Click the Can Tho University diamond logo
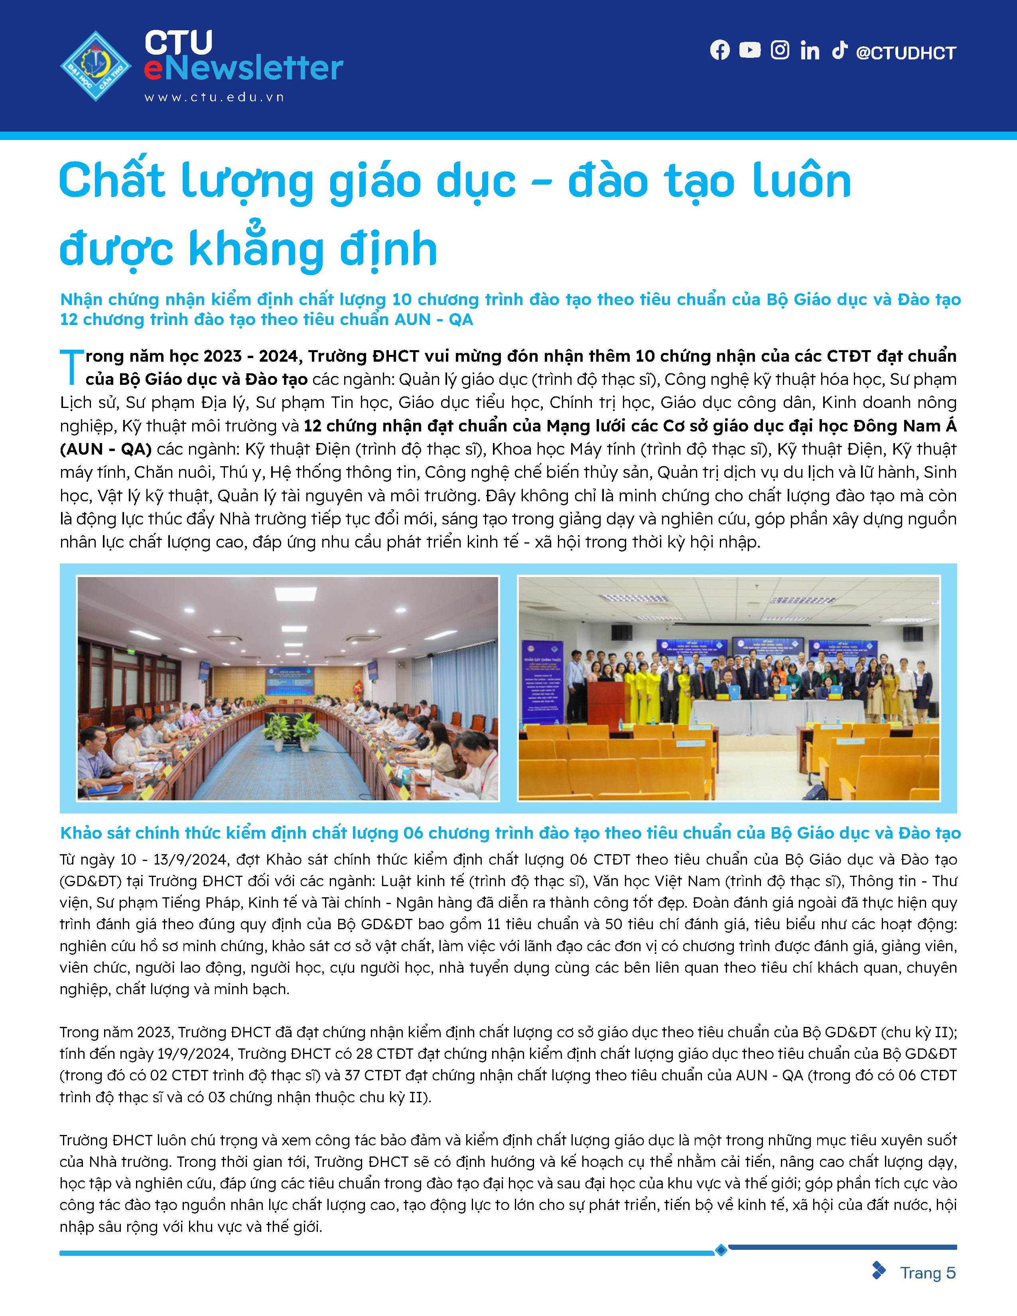[96, 66]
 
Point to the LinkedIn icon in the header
[810, 51]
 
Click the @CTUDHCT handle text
[906, 53]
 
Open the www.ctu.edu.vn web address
[214, 97]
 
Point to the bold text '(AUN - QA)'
[105, 449]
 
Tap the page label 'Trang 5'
[927, 1273]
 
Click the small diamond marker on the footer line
[721, 1250]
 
